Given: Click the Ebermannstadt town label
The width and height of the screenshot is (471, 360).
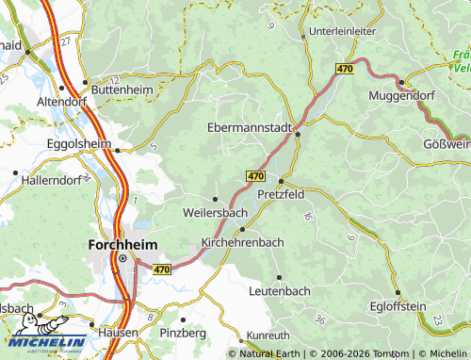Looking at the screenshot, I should [x=249, y=127].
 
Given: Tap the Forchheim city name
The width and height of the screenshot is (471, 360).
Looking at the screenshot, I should [x=122, y=243].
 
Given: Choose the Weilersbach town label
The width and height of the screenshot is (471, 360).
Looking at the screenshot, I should [x=214, y=212].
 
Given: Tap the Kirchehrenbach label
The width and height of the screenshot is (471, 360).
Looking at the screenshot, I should [x=243, y=242].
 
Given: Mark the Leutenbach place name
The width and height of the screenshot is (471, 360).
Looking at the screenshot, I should [x=279, y=291].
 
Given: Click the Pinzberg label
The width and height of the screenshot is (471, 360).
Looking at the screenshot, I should [x=183, y=333].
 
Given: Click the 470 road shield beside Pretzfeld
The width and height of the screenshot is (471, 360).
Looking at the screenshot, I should [x=255, y=176].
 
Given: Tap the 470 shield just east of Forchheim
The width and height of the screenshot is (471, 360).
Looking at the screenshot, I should [x=161, y=270].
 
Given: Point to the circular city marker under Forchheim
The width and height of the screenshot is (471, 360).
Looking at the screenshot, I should [x=122, y=257].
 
